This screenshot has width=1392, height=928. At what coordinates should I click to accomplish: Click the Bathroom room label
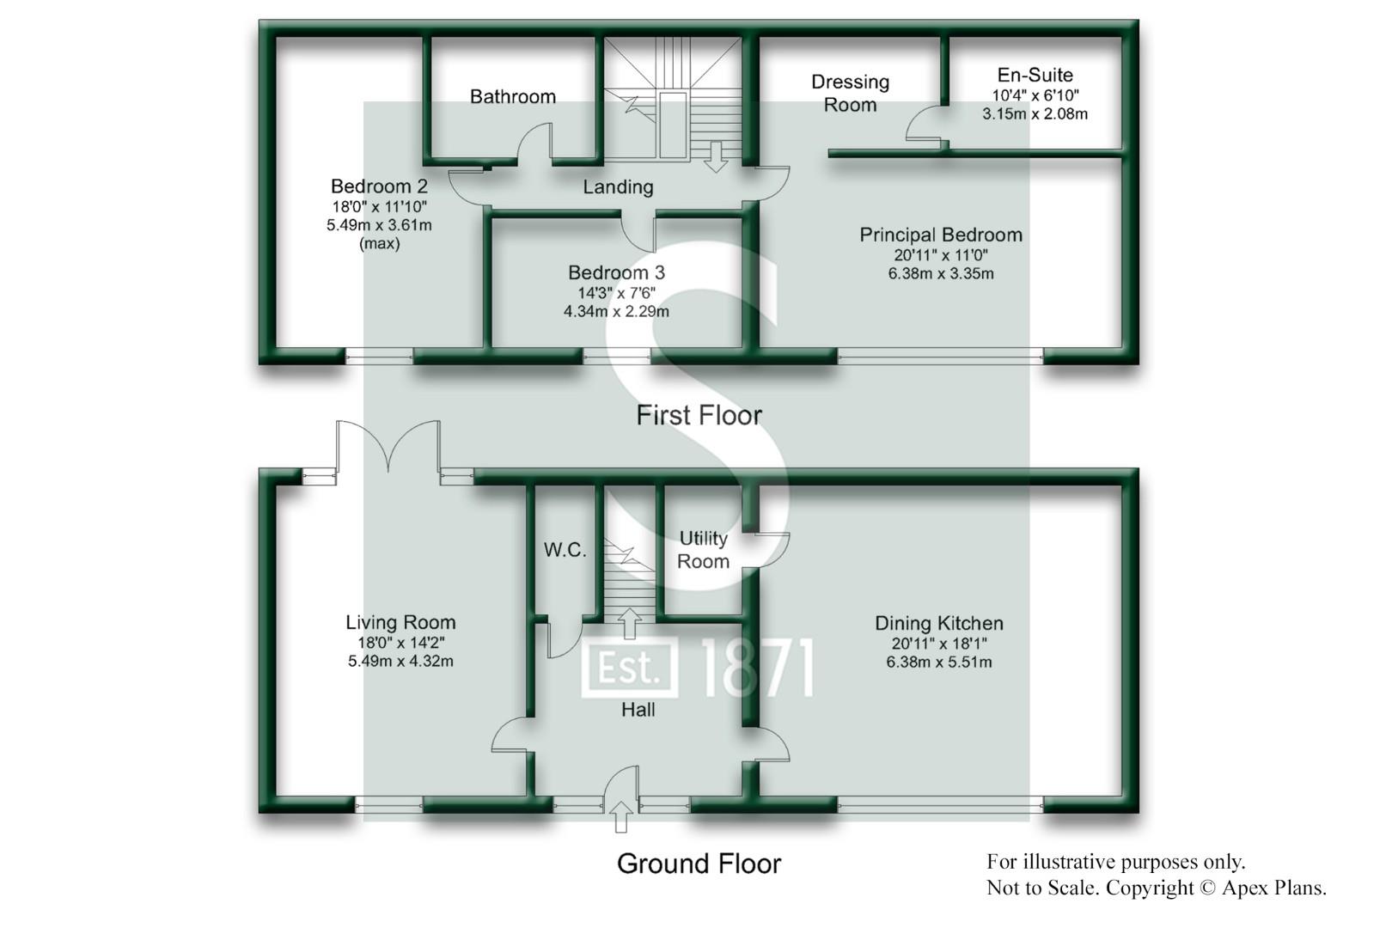pos(512,96)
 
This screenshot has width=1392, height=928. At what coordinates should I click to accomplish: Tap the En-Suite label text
pos(1035,75)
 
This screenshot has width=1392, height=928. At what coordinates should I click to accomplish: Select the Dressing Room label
pos(850,93)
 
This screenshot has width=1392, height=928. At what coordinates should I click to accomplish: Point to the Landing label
pos(618,186)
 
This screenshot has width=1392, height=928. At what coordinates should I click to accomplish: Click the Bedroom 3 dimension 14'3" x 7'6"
pos(616,292)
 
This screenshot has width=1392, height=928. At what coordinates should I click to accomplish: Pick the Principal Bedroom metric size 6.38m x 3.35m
pos(940,274)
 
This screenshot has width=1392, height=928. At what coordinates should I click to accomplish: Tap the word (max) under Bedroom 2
pos(379,243)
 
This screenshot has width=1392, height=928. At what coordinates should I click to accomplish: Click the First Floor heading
pos(699,416)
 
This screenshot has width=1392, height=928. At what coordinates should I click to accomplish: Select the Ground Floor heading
pos(699,864)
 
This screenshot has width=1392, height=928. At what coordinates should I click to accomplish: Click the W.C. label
pos(565,550)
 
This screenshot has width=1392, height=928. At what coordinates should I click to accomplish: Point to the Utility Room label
pos(703,550)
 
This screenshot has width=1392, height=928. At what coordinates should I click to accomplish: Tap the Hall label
pos(638,710)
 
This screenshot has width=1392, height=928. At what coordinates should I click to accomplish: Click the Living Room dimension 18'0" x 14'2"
pos(400,642)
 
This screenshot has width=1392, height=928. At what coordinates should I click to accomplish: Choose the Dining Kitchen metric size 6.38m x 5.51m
pos(938,662)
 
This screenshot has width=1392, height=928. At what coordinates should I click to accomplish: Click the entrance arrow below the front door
pos(621,816)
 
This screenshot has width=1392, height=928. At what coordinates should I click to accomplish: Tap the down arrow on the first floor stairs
pos(715,156)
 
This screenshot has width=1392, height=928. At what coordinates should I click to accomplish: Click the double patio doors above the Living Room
pos(389,447)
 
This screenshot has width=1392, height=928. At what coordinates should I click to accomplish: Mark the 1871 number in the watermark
pos(757,668)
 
